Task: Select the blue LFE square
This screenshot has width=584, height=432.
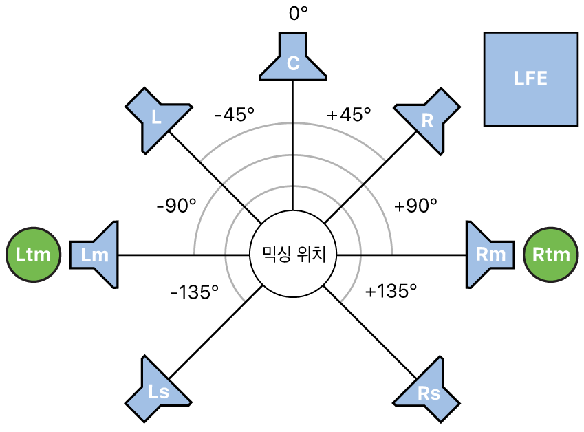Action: [x=530, y=79]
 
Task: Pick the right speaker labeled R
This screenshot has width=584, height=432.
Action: [x=427, y=120]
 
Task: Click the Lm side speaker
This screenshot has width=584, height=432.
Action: [x=96, y=255]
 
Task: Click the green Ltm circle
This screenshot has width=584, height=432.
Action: [x=33, y=255]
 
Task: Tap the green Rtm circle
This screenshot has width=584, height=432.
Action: [x=551, y=255]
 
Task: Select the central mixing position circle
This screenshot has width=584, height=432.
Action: [x=293, y=255]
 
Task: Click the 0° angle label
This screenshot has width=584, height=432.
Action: [x=297, y=14]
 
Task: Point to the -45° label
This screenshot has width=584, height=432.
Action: [x=234, y=115]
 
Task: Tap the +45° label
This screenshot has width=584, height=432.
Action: [x=349, y=115]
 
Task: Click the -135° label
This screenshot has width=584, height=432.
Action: [x=195, y=292]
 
